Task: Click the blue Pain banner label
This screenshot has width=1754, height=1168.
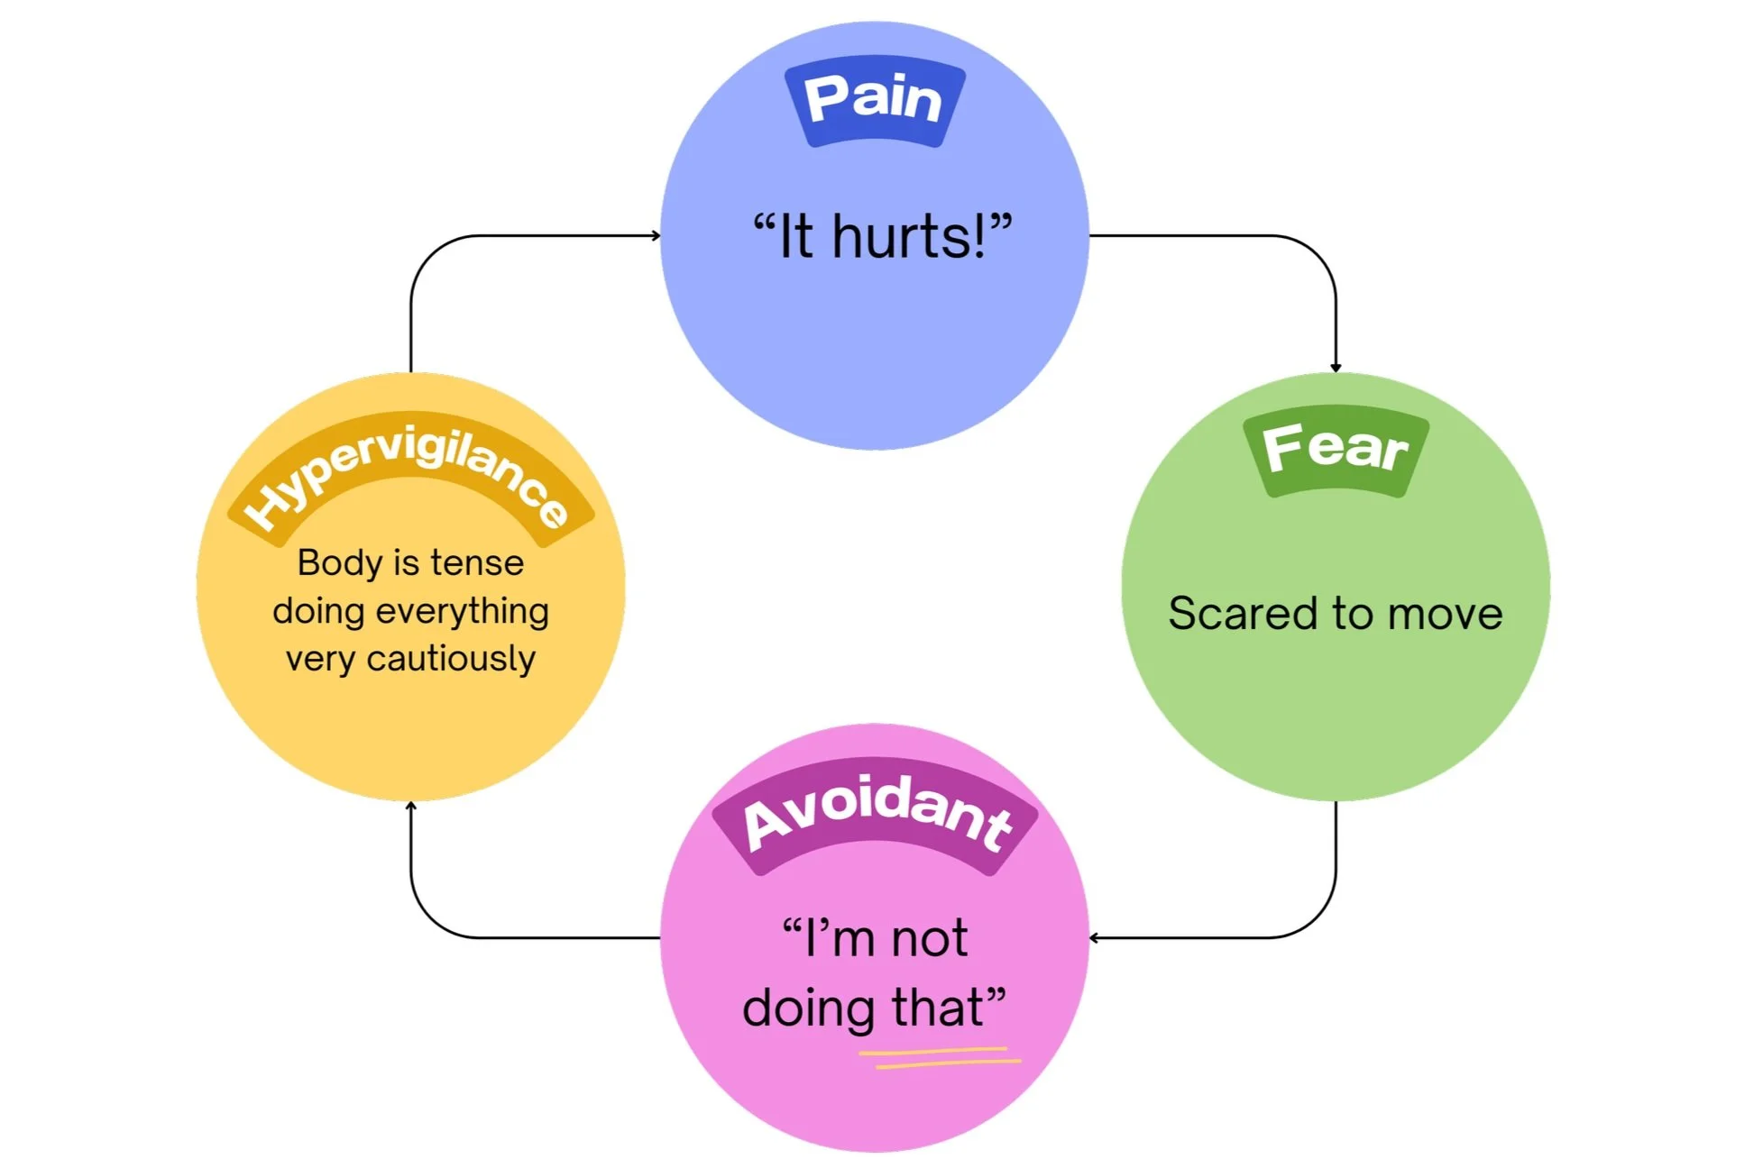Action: coord(874,99)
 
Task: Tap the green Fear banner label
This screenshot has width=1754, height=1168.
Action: coord(1335,450)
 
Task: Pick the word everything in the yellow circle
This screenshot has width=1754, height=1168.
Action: coord(462,612)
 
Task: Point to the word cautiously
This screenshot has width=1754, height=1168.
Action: coord(451,660)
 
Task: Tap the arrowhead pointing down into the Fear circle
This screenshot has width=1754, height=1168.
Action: coord(1336,368)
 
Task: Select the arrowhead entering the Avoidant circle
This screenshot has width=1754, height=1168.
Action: coord(1094,938)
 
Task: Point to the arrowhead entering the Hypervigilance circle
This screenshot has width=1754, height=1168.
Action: coord(411,805)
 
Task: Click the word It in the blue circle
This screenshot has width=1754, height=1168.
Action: coord(795,237)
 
